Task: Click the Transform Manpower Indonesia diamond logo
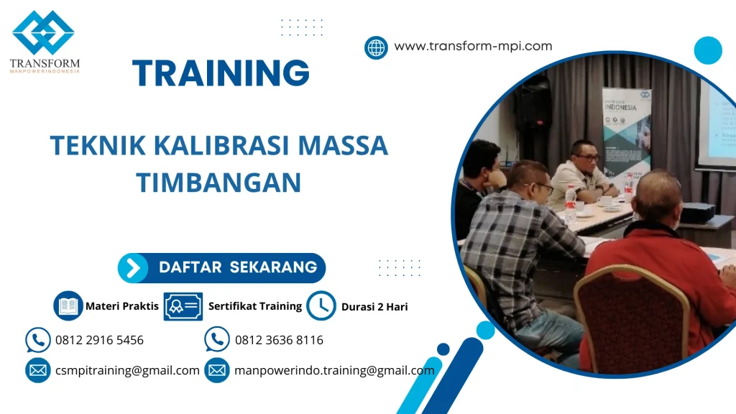43,32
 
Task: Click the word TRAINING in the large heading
221,73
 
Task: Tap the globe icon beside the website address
376,47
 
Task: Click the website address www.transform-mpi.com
473,46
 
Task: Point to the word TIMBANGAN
218,183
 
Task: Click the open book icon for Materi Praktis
68,306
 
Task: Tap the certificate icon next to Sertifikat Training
183,306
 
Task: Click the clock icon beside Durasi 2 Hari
321,306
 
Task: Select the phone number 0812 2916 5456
99,340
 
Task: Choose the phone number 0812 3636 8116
279,340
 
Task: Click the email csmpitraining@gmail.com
127,371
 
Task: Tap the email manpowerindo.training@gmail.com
334,371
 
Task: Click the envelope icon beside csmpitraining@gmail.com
37,371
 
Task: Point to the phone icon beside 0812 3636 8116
216,339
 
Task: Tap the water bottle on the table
571,203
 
